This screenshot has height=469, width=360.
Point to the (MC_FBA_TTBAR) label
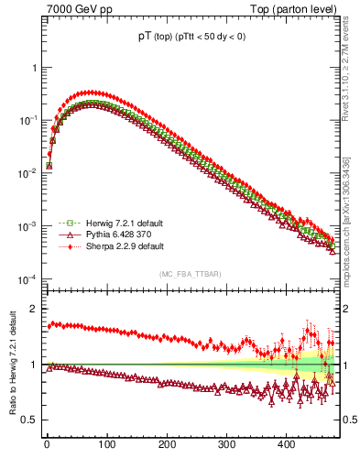(x=188, y=274)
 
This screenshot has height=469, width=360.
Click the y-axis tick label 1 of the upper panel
(x=34, y=68)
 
